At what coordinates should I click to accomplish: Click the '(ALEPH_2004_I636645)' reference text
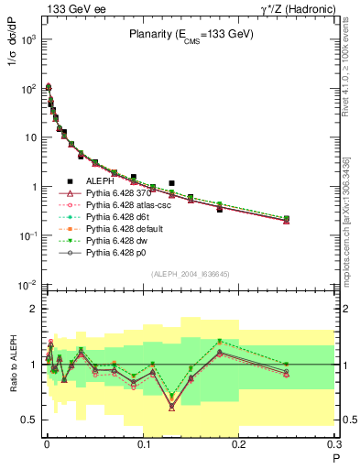[191, 275]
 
